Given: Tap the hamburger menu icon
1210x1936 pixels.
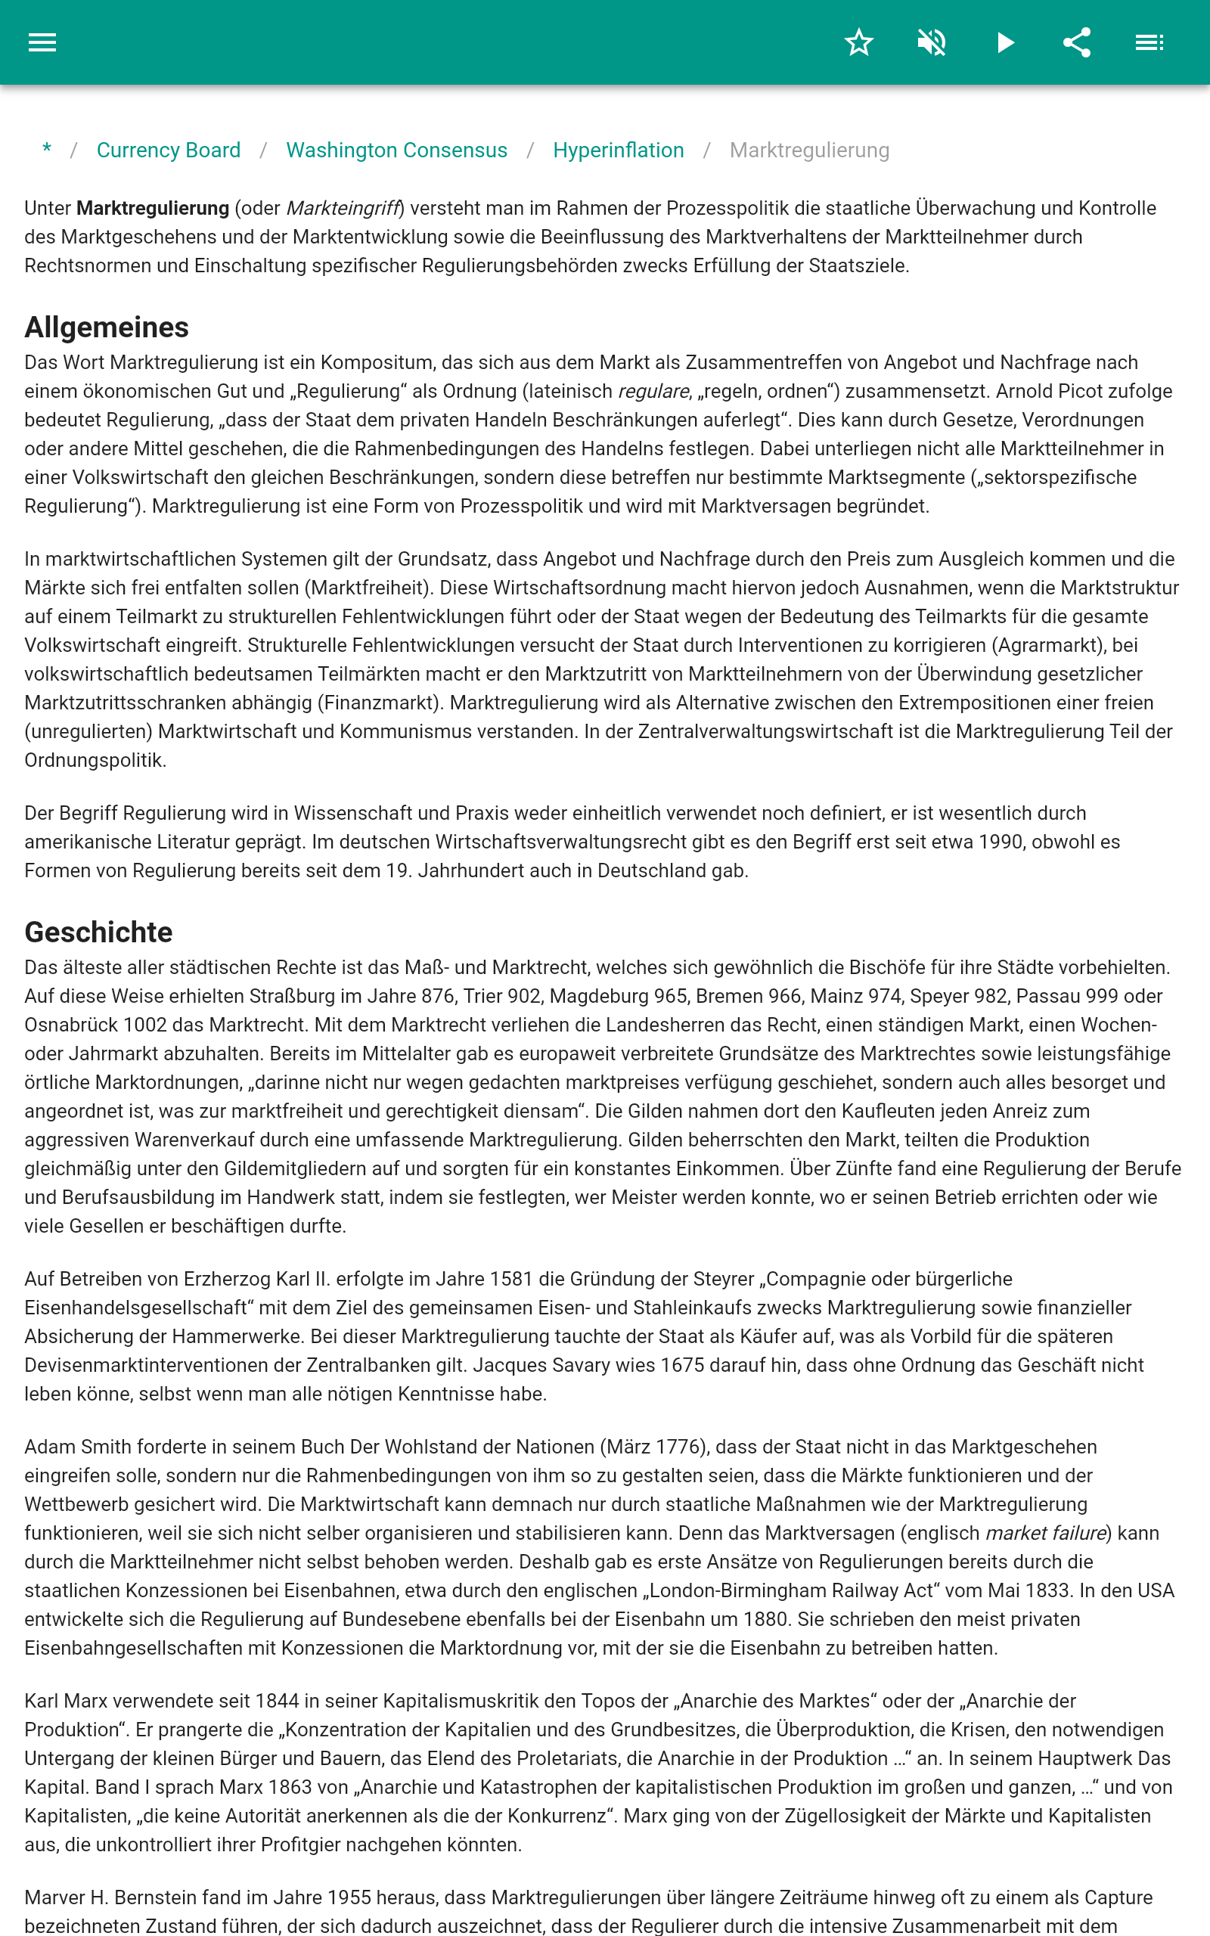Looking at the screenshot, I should [x=42, y=42].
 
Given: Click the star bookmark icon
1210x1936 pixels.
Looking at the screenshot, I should [x=858, y=42].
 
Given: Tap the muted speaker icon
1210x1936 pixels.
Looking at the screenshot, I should [x=932, y=42].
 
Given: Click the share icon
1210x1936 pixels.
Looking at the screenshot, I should [x=1077, y=42].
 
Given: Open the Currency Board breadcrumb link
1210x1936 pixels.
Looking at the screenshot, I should [x=168, y=150].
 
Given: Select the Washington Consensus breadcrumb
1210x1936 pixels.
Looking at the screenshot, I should [x=396, y=150].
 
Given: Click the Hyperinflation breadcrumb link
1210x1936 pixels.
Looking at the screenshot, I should [x=618, y=150].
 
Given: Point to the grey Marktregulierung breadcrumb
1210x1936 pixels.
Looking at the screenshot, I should [x=809, y=150].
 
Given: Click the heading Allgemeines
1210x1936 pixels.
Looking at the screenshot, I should [x=107, y=327].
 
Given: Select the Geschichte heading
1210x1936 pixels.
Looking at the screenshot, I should [x=98, y=932].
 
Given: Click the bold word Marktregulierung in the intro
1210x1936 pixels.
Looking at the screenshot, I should [x=153, y=208].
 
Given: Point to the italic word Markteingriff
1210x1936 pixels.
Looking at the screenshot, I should [x=343, y=208].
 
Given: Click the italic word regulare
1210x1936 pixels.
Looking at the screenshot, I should [x=653, y=391].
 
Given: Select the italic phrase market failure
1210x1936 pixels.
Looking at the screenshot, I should [x=1046, y=1533].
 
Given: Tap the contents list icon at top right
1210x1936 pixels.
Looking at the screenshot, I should [x=1149, y=42].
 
